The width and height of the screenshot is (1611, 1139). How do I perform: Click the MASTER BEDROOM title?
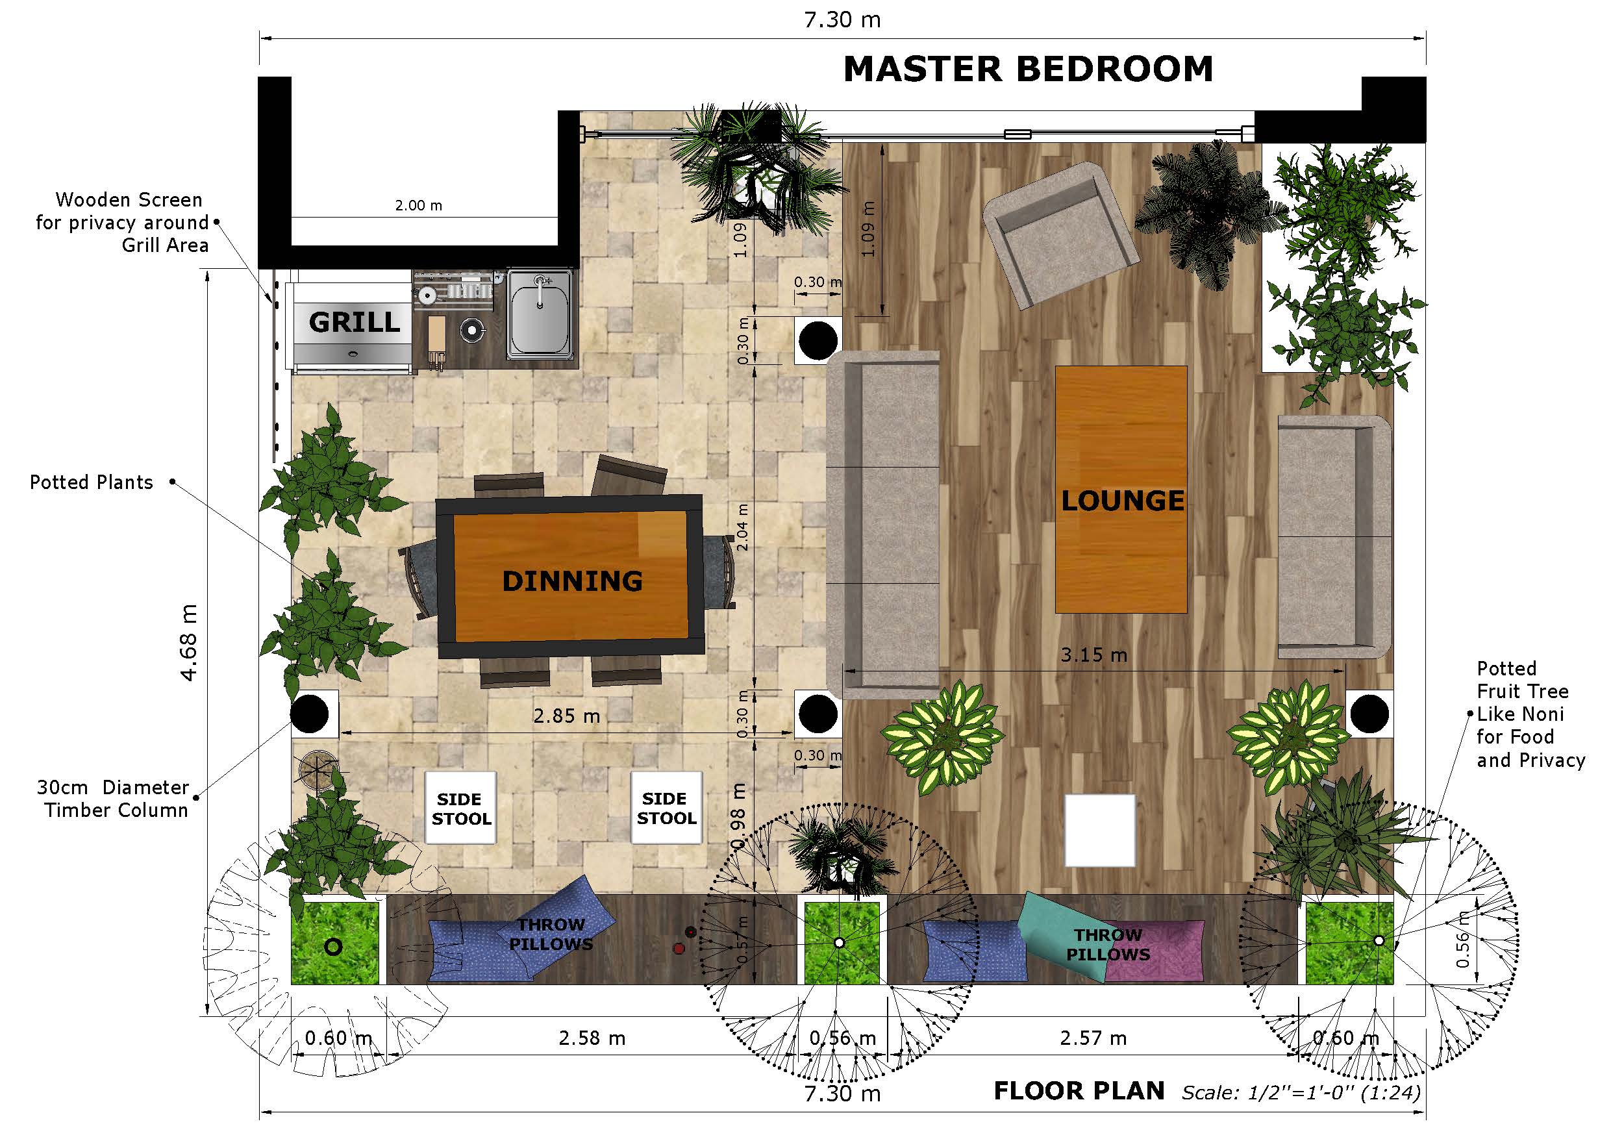point(1028,69)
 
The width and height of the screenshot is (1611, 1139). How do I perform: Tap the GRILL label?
point(355,322)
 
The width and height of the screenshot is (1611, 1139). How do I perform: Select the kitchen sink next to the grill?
point(540,314)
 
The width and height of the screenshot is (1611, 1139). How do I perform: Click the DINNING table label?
point(572,581)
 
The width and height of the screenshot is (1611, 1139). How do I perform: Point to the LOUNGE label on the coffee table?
point(1122,501)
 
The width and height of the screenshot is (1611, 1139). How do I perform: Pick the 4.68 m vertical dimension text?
point(189,642)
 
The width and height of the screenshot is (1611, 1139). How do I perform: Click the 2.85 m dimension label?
point(566,716)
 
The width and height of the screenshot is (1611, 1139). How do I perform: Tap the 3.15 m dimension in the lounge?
point(1094,655)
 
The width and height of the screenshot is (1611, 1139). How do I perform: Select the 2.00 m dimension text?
point(418,206)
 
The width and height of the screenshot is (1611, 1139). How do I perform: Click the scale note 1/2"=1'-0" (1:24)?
point(1301,1093)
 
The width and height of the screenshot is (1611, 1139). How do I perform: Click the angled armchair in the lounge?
point(1060,234)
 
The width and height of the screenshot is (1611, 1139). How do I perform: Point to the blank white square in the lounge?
point(1099,830)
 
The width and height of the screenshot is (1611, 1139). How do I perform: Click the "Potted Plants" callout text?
point(91,482)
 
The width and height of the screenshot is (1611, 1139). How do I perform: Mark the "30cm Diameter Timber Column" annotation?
point(113,799)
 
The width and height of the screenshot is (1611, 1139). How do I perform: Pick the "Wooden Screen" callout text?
point(129,200)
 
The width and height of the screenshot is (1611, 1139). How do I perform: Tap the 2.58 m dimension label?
point(592,1038)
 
